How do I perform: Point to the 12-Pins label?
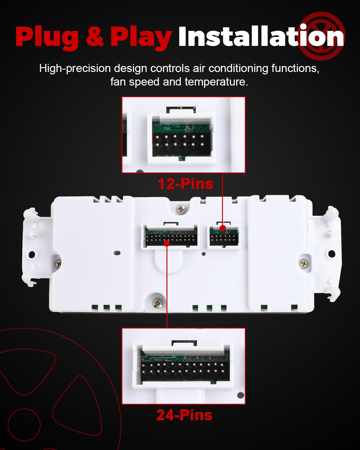click(185, 184)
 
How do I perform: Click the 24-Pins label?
click(184, 415)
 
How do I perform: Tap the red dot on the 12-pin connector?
click(223, 228)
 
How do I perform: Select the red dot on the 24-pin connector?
click(167, 243)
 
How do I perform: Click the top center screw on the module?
click(181, 209)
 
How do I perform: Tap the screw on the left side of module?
click(58, 264)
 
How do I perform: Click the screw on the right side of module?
click(304, 263)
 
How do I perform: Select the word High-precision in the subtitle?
click(75, 68)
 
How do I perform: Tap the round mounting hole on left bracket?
click(31, 254)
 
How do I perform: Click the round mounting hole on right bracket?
click(331, 253)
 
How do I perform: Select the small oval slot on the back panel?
click(117, 253)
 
